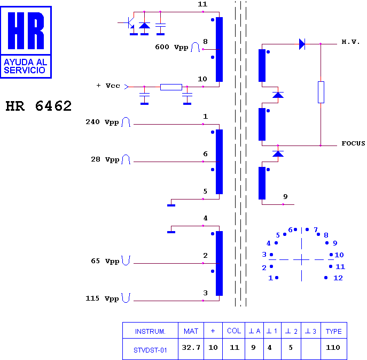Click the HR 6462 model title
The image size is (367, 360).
click(38, 106)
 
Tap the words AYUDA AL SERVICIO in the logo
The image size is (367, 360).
click(26, 66)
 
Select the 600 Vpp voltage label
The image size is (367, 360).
click(171, 47)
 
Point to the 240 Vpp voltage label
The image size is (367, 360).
click(102, 122)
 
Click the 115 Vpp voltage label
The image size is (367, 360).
click(102, 298)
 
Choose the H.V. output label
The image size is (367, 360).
click(350, 42)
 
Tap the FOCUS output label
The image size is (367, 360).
click(353, 143)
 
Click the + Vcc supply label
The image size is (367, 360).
click(108, 86)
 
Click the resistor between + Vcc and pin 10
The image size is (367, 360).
click(171, 87)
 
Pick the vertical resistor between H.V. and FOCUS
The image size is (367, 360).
click(321, 92)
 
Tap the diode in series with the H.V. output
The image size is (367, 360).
click(302, 44)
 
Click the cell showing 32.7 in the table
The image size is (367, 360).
click(191, 347)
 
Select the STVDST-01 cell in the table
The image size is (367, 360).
click(150, 350)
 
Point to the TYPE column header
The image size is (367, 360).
click(334, 331)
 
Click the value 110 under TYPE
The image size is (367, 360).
click(333, 347)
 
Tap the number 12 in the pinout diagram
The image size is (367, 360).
click(338, 278)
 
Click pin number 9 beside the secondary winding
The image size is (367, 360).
click(285, 196)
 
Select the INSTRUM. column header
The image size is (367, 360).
click(150, 332)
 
